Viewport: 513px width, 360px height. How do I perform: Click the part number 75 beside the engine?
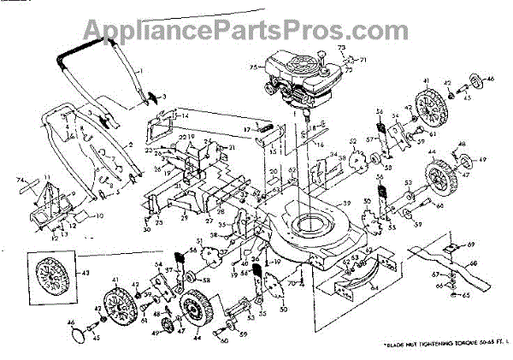(253, 65)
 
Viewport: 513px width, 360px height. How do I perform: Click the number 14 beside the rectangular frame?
(184, 115)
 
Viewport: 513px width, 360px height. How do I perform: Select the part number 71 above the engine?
(363, 60)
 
